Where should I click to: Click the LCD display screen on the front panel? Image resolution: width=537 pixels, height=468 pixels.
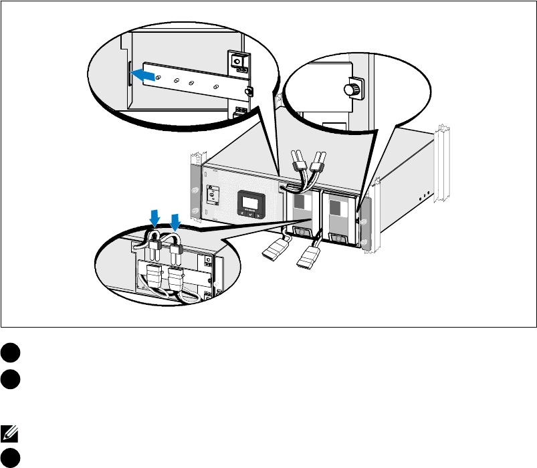[x=251, y=203]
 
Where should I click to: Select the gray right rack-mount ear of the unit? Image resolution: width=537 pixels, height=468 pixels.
[x=364, y=232]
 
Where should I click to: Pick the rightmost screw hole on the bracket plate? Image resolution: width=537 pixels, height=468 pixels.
[x=215, y=87]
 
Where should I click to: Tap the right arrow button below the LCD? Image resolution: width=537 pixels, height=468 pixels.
[x=258, y=217]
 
